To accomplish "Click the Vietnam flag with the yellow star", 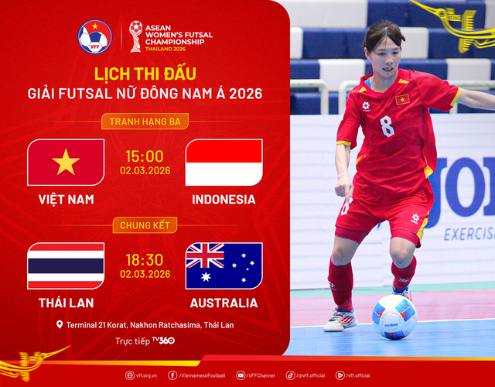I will coord(66,163).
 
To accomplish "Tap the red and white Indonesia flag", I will coord(224,163).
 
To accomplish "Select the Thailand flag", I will coord(66,265).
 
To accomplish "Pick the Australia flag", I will coord(224,265).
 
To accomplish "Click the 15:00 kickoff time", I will coord(145,156).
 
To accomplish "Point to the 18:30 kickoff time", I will coord(145,259).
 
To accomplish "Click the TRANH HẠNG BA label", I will coord(145,122).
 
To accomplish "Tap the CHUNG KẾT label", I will coord(145,225).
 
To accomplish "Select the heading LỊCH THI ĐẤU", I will coord(145,74).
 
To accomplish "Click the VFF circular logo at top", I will coord(95,36).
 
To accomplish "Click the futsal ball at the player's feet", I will coord(394,317).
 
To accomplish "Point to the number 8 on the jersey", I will coord(387,125).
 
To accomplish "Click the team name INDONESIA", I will coord(224,200).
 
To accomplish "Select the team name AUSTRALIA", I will coord(224,303).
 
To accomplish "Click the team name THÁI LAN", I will coord(66,303).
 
